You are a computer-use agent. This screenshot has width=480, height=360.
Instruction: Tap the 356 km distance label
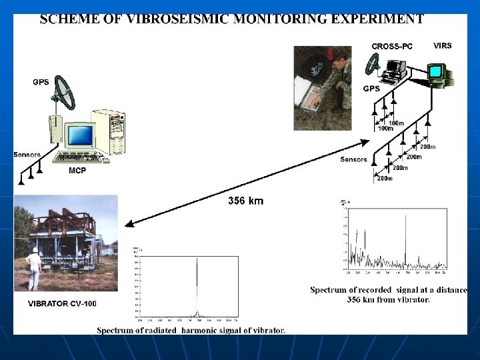click(x=245, y=201)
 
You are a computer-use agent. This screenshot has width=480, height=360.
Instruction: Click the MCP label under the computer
click(x=78, y=171)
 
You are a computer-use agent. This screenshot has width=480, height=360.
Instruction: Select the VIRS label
click(x=442, y=45)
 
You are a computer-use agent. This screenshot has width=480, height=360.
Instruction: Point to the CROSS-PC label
click(x=393, y=46)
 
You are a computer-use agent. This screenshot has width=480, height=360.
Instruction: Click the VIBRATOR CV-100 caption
click(x=62, y=303)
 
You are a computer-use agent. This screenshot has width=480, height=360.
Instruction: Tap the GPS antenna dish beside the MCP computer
click(x=65, y=93)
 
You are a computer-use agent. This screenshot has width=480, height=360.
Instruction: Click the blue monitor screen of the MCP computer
click(x=81, y=135)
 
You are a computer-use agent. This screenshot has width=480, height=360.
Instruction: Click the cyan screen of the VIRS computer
click(x=437, y=71)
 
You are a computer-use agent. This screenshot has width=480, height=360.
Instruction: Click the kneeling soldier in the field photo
click(x=337, y=83)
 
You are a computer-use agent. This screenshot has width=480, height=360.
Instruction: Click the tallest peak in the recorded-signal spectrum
click(x=405, y=240)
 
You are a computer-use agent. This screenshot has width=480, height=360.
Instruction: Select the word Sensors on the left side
click(x=27, y=155)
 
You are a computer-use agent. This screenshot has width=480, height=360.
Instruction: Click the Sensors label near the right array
click(x=353, y=159)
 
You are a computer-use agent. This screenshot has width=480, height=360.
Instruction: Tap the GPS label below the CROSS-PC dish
click(x=371, y=88)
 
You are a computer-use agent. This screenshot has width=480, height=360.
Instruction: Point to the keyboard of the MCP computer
click(x=81, y=158)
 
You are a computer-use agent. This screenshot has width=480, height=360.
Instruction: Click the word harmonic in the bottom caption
click(x=202, y=330)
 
